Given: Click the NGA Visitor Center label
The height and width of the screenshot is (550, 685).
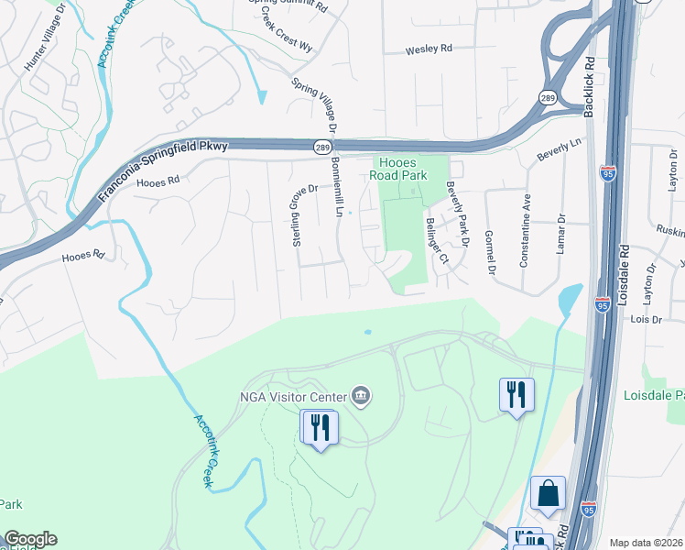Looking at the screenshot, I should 292,397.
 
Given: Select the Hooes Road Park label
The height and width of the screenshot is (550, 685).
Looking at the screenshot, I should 411,169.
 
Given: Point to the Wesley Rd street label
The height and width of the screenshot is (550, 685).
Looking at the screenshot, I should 430,49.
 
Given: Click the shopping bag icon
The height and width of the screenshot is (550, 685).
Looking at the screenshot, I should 548,493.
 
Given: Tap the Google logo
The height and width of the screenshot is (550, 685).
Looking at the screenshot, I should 30,539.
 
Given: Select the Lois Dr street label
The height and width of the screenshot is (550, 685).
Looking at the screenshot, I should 647,319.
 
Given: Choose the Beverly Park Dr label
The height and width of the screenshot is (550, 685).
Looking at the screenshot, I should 457,214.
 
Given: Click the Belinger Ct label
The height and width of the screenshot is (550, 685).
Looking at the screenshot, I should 436,239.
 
